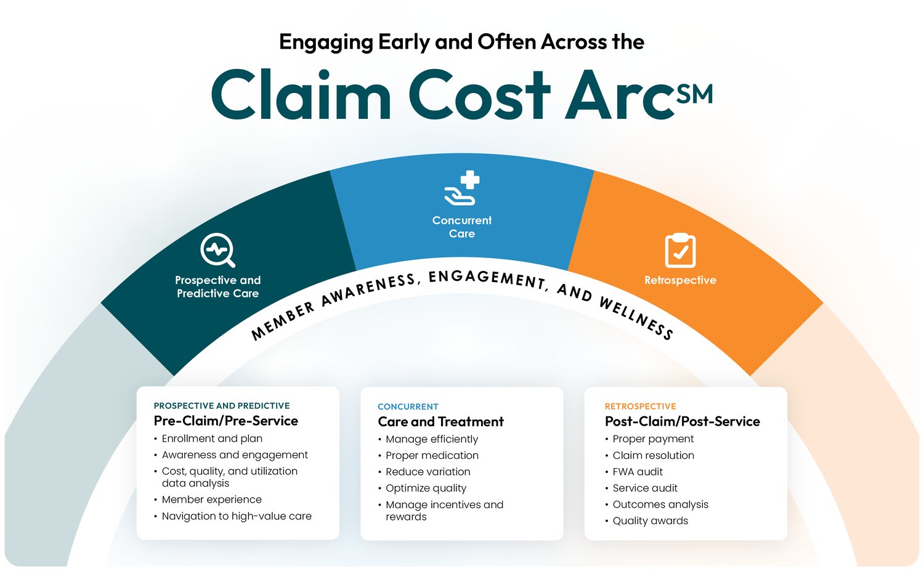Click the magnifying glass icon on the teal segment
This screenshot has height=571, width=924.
tap(217, 250)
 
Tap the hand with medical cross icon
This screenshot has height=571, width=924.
tap(462, 188)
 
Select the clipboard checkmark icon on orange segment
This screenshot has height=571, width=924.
tap(680, 251)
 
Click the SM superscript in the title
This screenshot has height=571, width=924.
tap(694, 94)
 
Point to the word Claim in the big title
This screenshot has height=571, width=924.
tap(301, 95)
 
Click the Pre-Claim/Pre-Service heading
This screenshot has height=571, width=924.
tap(225, 421)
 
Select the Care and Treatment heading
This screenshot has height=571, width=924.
tap(440, 421)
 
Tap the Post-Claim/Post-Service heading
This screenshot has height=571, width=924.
tap(682, 421)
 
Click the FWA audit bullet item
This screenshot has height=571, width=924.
tap(638, 472)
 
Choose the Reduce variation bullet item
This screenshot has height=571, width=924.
tap(428, 472)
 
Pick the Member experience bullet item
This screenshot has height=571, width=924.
tap(211, 500)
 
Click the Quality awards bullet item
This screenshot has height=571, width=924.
tap(650, 520)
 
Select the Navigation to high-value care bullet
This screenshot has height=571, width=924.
tap(237, 516)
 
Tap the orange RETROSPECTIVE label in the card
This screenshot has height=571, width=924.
tap(640, 407)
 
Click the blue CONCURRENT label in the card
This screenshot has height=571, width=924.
tap(408, 407)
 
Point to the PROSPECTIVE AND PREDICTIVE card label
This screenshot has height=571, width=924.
tap(221, 406)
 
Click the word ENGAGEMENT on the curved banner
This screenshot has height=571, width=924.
tap(487, 278)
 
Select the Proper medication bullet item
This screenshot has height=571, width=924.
tap(432, 455)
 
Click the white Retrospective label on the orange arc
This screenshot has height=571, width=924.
tap(680, 280)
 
